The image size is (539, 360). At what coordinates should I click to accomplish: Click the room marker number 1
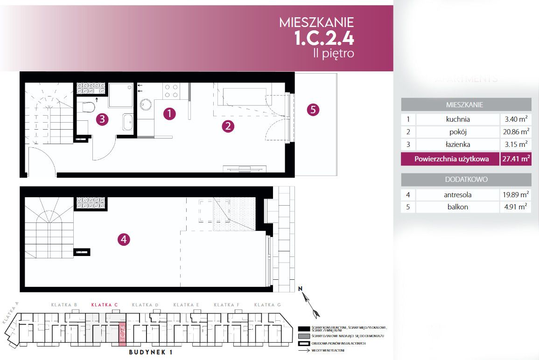point(169,113)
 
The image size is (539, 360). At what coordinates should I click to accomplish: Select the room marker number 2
point(228,125)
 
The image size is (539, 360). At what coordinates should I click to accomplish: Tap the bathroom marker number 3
point(102,119)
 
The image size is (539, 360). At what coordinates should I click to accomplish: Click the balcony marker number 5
point(313,110)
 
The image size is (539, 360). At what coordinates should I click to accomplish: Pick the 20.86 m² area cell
point(516,132)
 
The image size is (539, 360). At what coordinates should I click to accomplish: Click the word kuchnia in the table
point(457,119)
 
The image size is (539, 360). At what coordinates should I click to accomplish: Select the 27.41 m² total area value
point(516,159)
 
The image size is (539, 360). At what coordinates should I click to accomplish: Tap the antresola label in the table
point(457,194)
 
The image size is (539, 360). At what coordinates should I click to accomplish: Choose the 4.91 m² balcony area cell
point(516,207)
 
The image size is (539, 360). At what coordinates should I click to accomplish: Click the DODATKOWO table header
point(466,180)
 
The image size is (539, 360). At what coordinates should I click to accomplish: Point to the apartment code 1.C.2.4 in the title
point(324,38)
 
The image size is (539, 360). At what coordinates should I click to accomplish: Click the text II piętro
point(333,53)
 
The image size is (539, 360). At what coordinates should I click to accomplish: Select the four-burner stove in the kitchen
point(171,90)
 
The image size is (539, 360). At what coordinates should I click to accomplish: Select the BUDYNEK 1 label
point(151,353)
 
